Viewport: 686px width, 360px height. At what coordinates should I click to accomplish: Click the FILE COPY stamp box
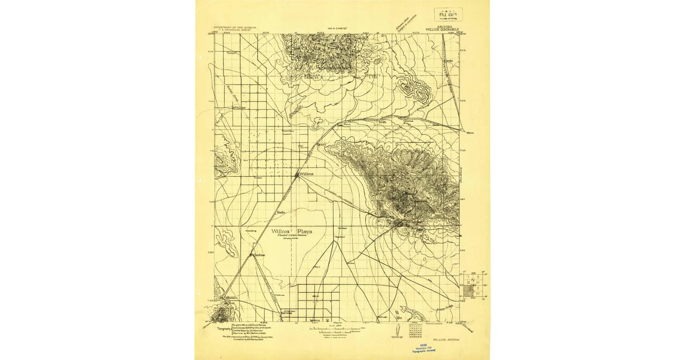pyautogui.click(x=448, y=14)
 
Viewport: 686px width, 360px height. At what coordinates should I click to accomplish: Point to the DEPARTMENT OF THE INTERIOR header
pyautogui.click(x=235, y=26)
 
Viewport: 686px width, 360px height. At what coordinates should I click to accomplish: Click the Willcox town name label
pyautogui.click(x=306, y=174)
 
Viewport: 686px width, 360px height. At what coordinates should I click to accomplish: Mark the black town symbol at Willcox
pyautogui.click(x=297, y=174)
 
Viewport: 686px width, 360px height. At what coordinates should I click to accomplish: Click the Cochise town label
pyautogui.click(x=260, y=255)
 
